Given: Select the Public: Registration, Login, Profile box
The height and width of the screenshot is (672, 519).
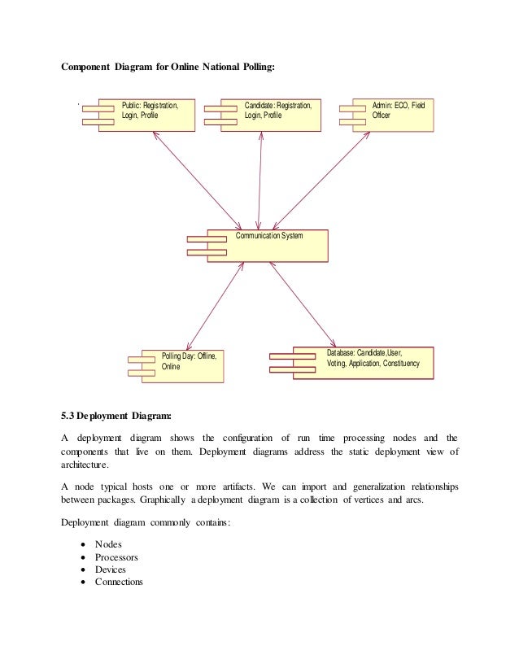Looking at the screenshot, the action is click(146, 115).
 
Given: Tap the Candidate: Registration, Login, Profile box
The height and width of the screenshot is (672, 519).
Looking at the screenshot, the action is click(270, 115).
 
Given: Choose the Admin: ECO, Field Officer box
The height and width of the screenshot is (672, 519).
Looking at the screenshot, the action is click(393, 115).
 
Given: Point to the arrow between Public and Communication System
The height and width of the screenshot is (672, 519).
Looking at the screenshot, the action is click(197, 181).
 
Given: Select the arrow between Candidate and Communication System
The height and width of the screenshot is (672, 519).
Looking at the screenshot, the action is click(259, 181).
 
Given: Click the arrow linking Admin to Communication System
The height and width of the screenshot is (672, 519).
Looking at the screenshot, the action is click(321, 181).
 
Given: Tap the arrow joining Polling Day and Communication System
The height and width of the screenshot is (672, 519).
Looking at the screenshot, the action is click(215, 306).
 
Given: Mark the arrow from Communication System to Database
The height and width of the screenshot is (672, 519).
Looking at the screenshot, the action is click(303, 305).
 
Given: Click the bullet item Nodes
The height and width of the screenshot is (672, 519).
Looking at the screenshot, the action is click(108, 544).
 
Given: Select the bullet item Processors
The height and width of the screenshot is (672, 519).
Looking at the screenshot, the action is click(116, 557).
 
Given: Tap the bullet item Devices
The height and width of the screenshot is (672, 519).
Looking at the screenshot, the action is click(111, 569).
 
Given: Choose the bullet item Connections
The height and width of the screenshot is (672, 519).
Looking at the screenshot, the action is click(119, 582).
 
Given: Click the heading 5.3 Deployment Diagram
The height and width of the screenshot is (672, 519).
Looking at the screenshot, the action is click(116, 416).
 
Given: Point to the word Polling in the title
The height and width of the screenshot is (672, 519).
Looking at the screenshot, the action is click(259, 67).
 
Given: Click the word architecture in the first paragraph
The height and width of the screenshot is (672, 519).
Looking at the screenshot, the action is click(85, 465).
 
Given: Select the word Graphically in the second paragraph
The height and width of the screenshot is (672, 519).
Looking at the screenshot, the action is click(163, 500).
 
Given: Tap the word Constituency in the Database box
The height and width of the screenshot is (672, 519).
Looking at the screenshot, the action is click(401, 364).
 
